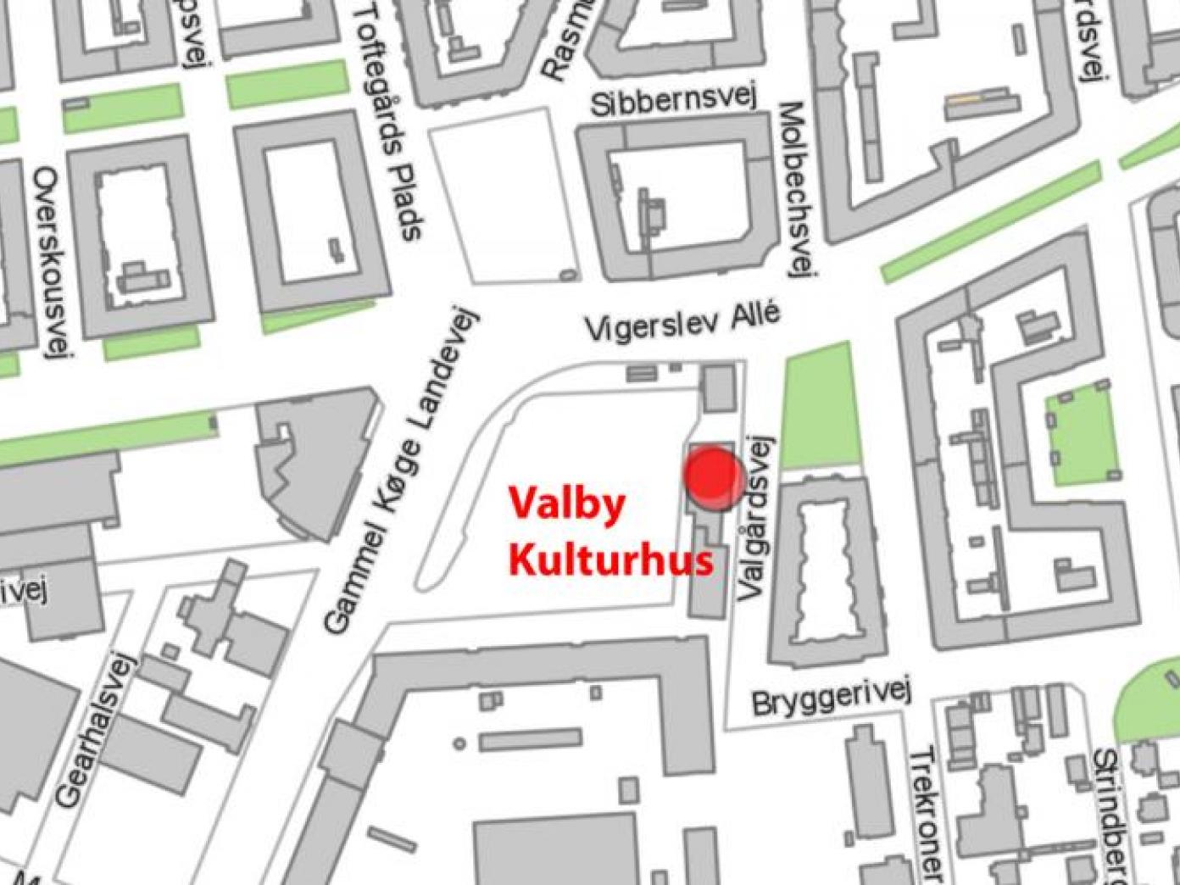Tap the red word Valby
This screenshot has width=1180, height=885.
(x=567, y=504)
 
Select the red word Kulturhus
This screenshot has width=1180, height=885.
(x=610, y=560)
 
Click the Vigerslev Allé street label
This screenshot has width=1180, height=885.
(x=682, y=322)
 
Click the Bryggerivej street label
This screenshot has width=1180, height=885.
(x=830, y=696)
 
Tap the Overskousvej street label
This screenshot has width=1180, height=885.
(x=52, y=262)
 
